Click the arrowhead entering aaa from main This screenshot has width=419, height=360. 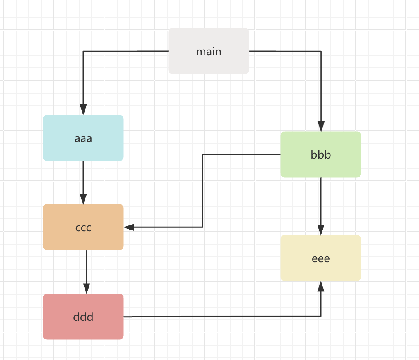tap(83, 110)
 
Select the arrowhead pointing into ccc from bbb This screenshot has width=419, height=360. tap(129, 227)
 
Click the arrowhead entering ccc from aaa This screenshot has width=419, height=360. tap(83, 199)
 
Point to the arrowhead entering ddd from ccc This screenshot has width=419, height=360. tap(87, 289)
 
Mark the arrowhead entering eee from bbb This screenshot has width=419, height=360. tap(321, 230)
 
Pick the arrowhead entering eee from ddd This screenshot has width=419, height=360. tap(321, 286)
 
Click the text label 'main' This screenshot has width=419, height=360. tap(209, 52)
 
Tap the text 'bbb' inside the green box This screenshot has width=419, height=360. tap(321, 155)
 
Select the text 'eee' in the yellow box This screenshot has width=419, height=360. tap(321, 259)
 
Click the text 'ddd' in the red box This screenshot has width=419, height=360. tap(83, 317)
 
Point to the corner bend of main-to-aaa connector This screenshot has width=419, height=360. tap(83, 51)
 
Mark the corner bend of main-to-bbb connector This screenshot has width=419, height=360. tap(321, 52)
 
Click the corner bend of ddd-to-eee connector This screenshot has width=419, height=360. tap(321, 317)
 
